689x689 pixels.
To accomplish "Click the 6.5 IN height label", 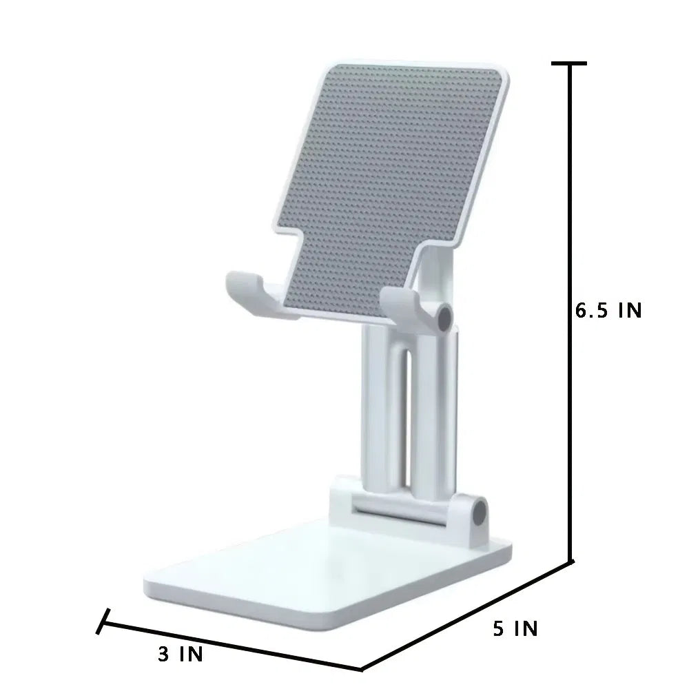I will [608, 310].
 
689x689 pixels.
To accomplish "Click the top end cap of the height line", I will [569, 63].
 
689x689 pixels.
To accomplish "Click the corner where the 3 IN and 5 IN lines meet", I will [362, 668].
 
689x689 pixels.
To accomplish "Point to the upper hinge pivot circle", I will [444, 317].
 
